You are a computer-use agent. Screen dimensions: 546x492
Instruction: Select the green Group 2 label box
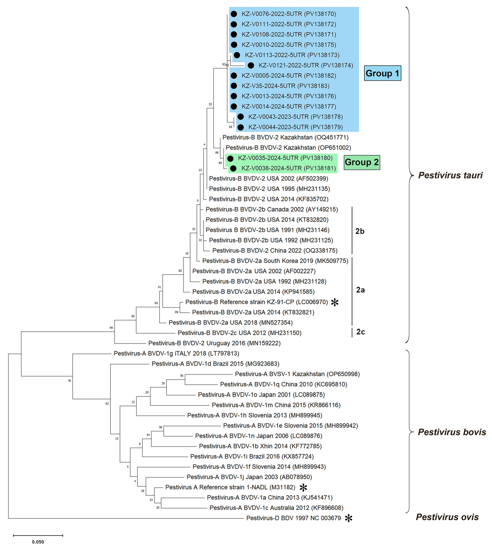click(362, 162)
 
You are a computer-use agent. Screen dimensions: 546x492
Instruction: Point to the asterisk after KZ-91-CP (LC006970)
click(335, 302)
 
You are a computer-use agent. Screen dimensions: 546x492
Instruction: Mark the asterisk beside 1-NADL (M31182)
click(303, 487)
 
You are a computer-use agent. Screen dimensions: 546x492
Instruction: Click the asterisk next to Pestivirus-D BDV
click(348, 518)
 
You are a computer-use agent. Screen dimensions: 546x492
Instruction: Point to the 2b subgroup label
click(360, 231)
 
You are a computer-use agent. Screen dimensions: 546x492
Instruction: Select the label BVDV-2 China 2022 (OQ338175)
click(275, 250)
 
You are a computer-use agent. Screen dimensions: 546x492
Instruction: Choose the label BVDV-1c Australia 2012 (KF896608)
click(276, 508)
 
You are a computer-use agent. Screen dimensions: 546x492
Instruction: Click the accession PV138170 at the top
click(320, 14)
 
